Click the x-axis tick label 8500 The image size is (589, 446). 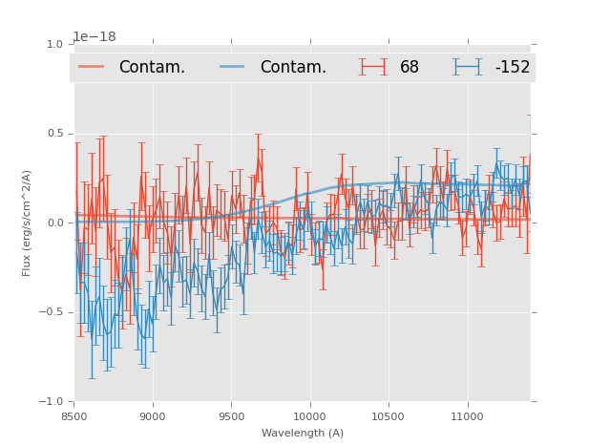(x=74, y=415)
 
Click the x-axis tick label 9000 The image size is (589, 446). (x=153, y=415)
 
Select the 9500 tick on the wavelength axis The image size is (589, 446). (x=231, y=415)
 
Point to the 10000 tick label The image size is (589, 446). (x=309, y=415)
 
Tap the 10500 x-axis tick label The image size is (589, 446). (x=389, y=415)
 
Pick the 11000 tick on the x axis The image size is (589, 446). (x=467, y=415)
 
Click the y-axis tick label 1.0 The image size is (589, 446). (x=54, y=44)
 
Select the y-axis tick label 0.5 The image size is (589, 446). (x=54, y=134)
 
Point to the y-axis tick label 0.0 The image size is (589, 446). (x=54, y=223)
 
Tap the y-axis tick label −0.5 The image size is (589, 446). (x=52, y=312)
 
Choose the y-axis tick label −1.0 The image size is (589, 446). (x=52, y=401)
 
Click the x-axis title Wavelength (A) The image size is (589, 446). (x=303, y=433)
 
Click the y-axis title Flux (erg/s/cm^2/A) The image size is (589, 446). (x=27, y=223)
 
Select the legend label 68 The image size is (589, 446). (x=410, y=67)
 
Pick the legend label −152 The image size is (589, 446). (x=513, y=67)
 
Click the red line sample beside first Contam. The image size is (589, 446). (x=92, y=67)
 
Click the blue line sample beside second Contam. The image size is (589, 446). (x=233, y=67)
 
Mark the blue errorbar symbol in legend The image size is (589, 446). (x=468, y=67)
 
